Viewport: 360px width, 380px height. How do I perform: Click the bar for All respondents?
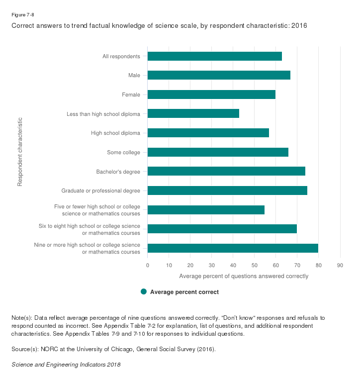click(215, 56)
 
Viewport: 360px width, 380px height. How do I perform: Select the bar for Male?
click(219, 75)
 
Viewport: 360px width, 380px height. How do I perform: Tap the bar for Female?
click(211, 95)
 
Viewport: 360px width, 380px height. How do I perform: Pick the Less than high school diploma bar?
click(193, 113)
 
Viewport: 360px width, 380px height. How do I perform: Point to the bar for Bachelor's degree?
click(226, 171)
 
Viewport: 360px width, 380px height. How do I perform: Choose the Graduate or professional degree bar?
click(227, 190)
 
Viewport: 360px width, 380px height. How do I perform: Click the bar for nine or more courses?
click(233, 248)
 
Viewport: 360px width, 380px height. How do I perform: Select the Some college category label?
click(123, 152)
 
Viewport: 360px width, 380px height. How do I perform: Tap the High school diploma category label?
click(115, 133)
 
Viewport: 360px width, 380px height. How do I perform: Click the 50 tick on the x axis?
click(254, 265)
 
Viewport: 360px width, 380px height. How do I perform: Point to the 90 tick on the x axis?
click(340, 265)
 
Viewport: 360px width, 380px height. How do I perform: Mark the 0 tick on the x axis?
click(148, 265)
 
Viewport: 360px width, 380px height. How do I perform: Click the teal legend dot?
click(144, 292)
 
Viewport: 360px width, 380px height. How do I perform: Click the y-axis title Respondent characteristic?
click(20, 152)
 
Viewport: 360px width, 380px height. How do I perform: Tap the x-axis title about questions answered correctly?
click(244, 276)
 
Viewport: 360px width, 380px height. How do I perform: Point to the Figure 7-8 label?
click(22, 14)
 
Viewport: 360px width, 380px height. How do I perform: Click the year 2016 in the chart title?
click(299, 25)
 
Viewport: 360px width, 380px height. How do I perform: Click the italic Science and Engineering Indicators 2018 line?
click(66, 365)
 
